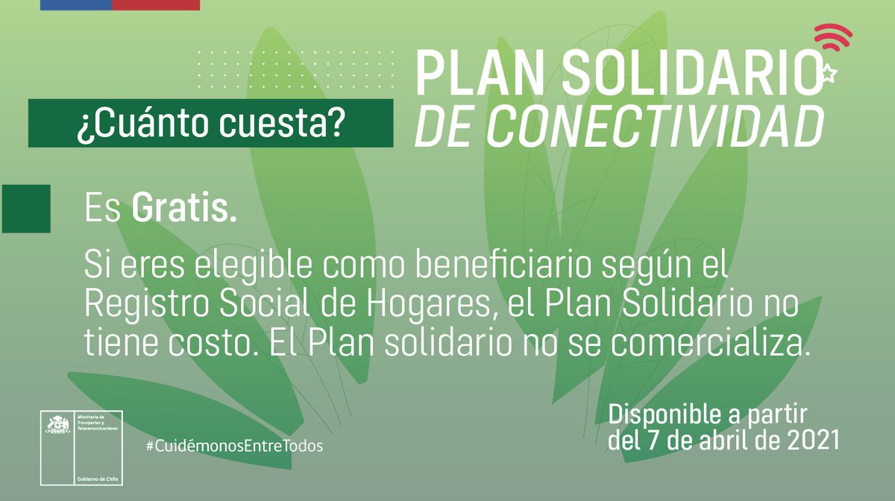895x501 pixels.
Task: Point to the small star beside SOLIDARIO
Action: pyautogui.click(x=828, y=73)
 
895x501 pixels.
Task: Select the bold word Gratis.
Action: pyautogui.click(x=184, y=209)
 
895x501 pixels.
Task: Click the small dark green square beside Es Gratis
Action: pyautogui.click(x=26, y=209)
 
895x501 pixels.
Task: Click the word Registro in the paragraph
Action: pyautogui.click(x=138, y=304)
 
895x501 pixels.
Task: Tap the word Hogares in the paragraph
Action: pyautogui.click(x=429, y=304)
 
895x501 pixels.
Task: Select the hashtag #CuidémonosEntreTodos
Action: pyautogui.click(x=235, y=445)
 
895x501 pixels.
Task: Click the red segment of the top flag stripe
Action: pyautogui.click(x=156, y=4)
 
